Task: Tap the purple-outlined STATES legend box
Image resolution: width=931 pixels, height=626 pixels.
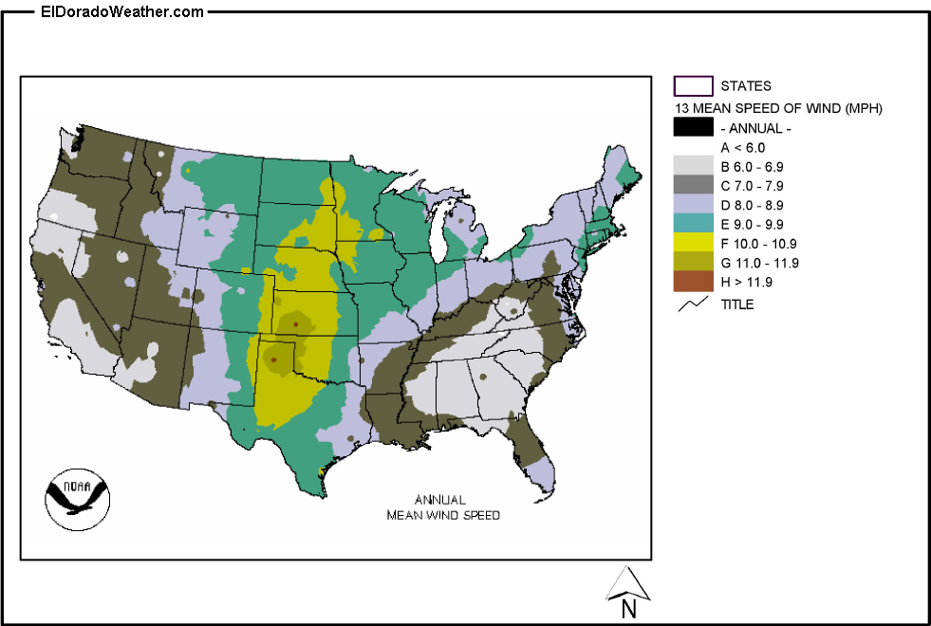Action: [693, 86]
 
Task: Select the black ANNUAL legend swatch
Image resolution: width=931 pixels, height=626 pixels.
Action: [693, 128]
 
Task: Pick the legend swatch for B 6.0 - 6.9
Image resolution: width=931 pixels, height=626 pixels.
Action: [693, 167]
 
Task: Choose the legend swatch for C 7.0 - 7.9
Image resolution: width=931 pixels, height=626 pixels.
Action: [693, 186]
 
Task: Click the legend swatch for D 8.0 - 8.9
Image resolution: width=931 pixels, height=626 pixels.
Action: [693, 205]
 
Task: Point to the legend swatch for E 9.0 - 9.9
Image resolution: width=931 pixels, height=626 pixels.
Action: [693, 224]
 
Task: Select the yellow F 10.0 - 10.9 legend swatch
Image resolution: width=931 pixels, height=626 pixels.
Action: [693, 243]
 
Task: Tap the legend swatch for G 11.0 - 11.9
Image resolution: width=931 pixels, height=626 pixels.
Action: [693, 263]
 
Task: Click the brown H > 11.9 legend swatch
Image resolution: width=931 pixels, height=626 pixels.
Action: [693, 282]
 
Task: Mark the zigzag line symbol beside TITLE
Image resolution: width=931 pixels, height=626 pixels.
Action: [694, 304]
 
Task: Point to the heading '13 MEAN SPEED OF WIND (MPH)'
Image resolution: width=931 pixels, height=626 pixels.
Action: [778, 109]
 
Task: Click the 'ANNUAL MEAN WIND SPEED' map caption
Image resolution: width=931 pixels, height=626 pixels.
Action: [442, 507]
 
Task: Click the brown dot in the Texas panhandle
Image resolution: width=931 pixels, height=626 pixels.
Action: [273, 359]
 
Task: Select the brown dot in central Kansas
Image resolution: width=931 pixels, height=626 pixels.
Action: [296, 324]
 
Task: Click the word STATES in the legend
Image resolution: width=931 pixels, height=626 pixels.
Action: [746, 86]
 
